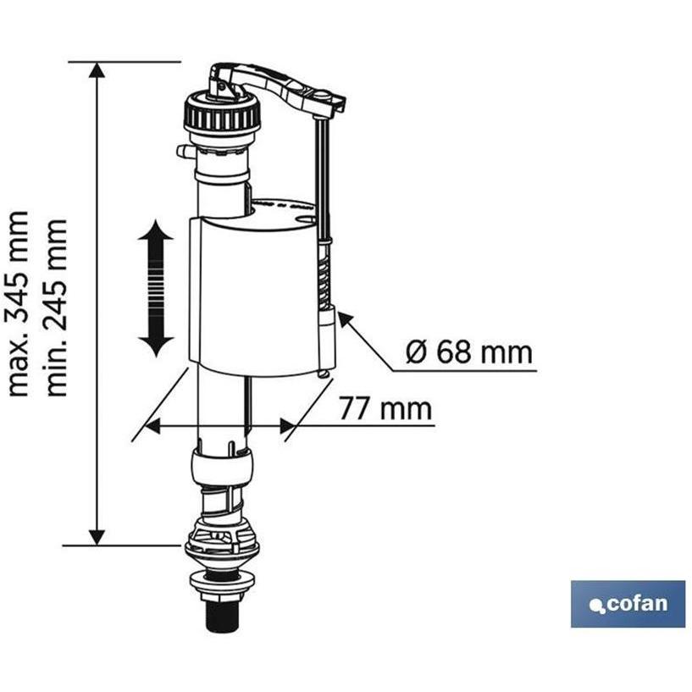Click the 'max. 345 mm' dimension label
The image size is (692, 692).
pos(19,303)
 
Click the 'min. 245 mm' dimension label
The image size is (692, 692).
pos(57,307)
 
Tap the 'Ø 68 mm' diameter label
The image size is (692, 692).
pos(469,352)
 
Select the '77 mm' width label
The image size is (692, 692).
pos(385,408)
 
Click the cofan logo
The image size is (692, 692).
pos(628,604)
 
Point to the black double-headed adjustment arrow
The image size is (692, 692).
pos(156,289)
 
